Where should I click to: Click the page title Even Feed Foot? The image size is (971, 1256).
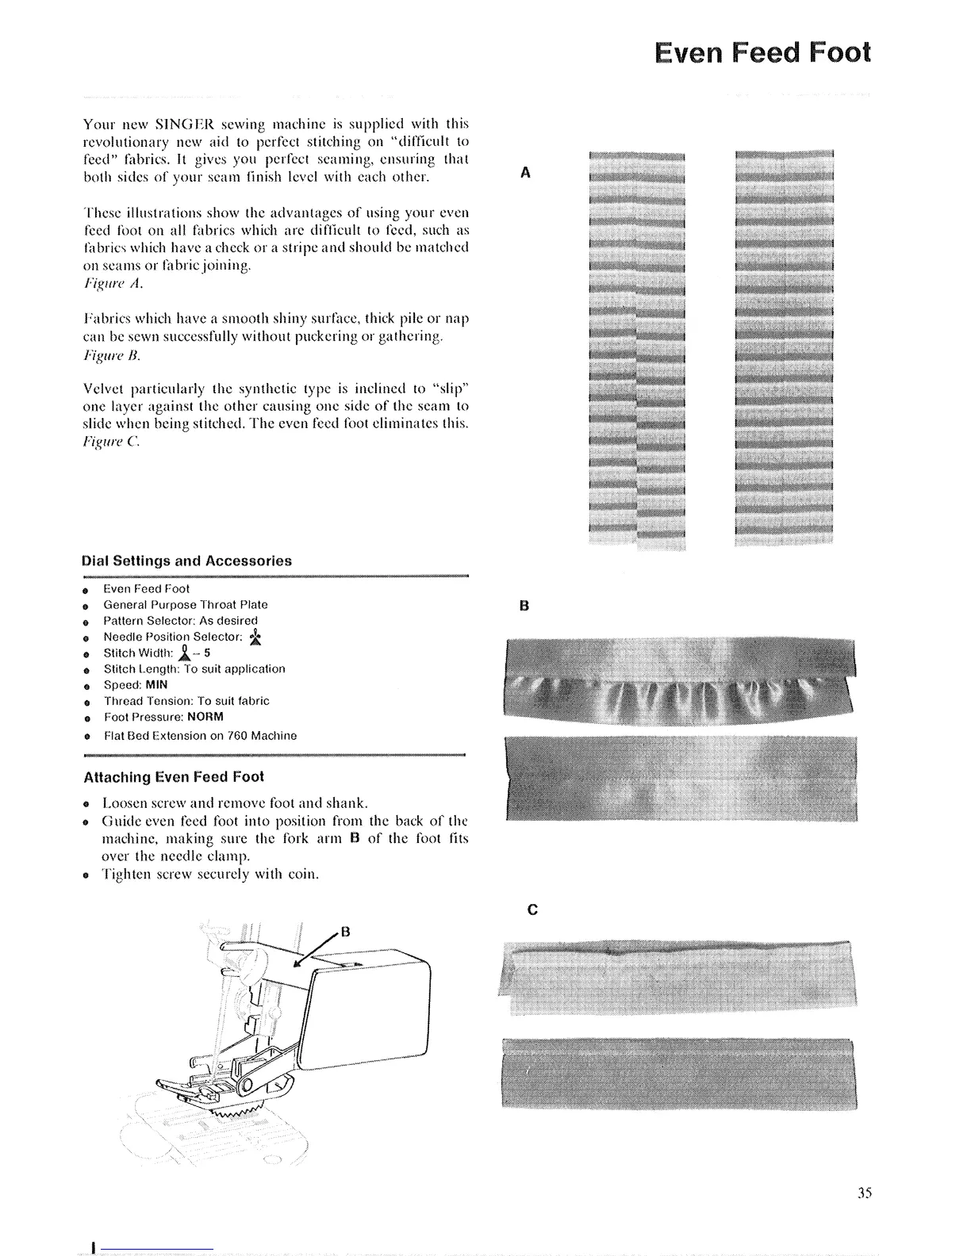762,52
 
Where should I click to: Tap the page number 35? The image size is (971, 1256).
865,1192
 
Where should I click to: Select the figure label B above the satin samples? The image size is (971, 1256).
524,607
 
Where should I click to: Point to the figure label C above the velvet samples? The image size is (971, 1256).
532,909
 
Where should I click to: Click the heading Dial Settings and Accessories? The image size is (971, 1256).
187,561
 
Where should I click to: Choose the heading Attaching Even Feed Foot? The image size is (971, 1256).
173,777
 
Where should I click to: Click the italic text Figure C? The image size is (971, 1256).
112,442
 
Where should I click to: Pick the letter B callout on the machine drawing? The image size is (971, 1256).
345,930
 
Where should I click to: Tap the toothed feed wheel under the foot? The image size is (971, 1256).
238,1114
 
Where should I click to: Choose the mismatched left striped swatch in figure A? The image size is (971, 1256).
636,345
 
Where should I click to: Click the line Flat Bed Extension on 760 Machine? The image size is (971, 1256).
200,736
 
